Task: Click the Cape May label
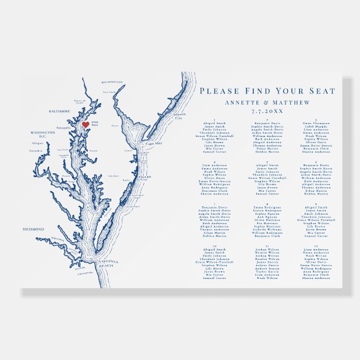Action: coord(154,144)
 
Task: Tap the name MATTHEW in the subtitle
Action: coord(289,102)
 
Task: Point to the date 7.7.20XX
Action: coord(267,112)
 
